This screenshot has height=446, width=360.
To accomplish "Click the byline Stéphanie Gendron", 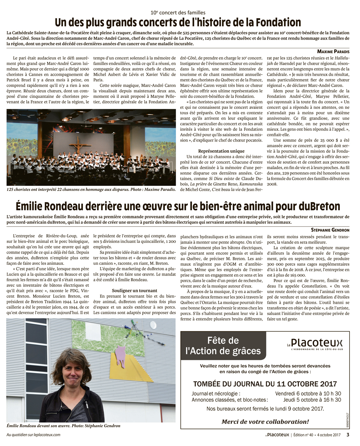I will pyautogui.click(x=330, y=229).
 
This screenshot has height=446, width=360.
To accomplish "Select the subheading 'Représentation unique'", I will pyautogui.click(x=221, y=151).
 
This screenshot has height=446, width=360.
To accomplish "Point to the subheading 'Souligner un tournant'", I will pyautogui.click(x=134, y=290).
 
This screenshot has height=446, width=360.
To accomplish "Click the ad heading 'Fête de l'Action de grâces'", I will pyautogui.click(x=223, y=345).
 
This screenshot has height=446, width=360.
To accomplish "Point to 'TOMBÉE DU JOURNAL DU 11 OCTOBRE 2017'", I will pyautogui.click(x=265, y=384).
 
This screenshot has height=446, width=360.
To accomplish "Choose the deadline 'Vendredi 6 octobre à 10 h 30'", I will pyautogui.click(x=308, y=393).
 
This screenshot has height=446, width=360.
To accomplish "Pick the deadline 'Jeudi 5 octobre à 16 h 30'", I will pyautogui.click(x=312, y=400).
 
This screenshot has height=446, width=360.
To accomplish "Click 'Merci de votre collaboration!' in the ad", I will pyautogui.click(x=265, y=422).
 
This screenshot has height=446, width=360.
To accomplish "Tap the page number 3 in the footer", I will pyautogui.click(x=348, y=434).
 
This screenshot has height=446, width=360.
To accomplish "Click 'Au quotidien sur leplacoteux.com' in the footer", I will pyautogui.click(x=33, y=434).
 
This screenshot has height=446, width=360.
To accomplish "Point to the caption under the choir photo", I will pyautogui.click(x=91, y=189).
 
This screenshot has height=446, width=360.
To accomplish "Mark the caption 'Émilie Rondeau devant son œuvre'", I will pyautogui.click(x=63, y=425).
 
